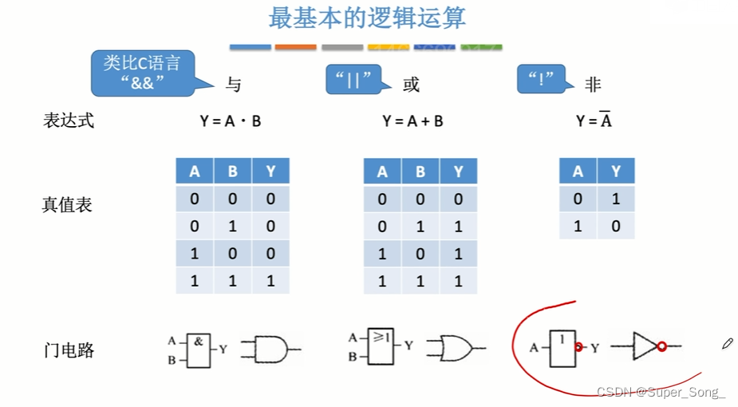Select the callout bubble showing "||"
[x=353, y=80]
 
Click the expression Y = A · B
[x=230, y=121]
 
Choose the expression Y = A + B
[x=412, y=121]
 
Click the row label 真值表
[x=67, y=205]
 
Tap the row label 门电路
[x=69, y=350]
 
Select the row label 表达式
[x=68, y=121]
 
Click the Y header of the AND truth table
[x=270, y=172]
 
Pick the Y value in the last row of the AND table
[x=270, y=280]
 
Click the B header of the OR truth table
[x=420, y=172]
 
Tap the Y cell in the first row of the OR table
[x=458, y=200]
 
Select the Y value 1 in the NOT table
[x=615, y=199]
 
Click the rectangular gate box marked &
[x=198, y=350]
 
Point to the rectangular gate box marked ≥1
[x=381, y=347]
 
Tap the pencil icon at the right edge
[x=727, y=343]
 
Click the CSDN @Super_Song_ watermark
[x=661, y=392]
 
